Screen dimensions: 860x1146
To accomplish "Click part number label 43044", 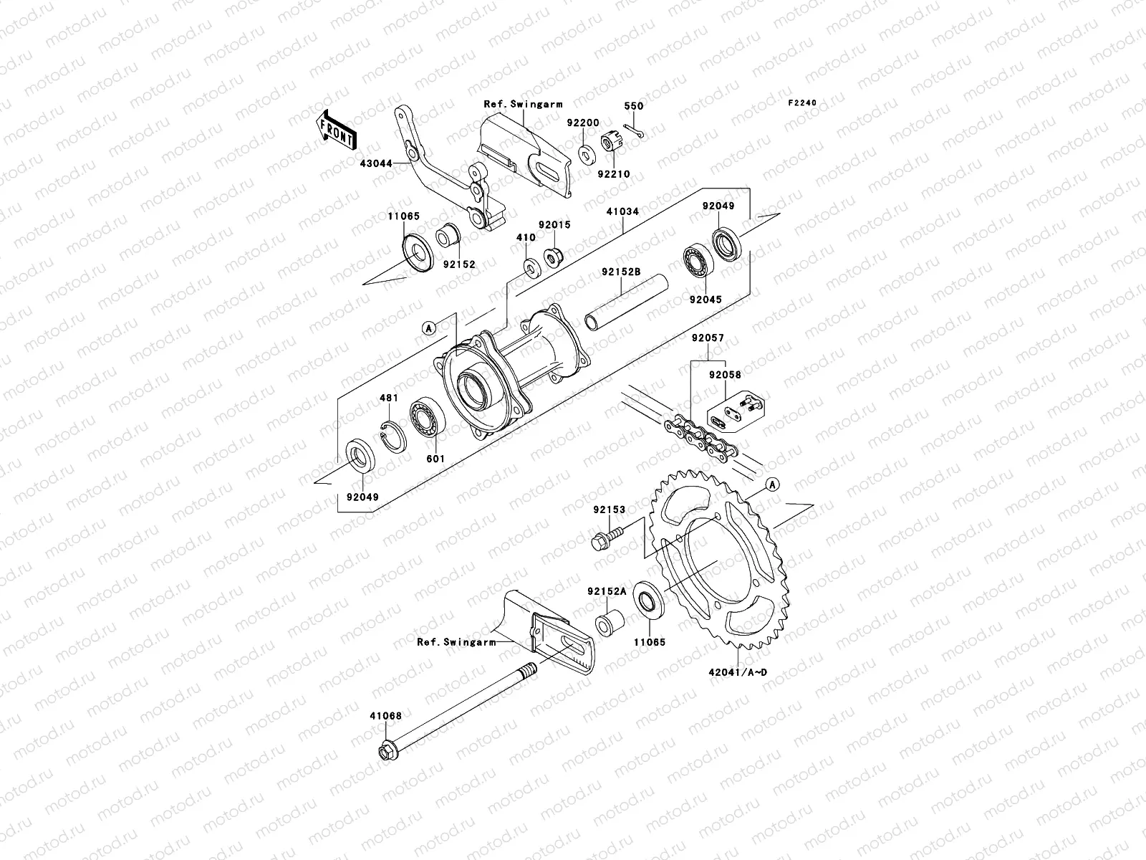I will point(376,163).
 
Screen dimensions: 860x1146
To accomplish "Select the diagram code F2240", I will point(802,103).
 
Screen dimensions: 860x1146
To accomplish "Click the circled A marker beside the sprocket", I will point(771,485).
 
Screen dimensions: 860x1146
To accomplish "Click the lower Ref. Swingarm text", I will point(456,642).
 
